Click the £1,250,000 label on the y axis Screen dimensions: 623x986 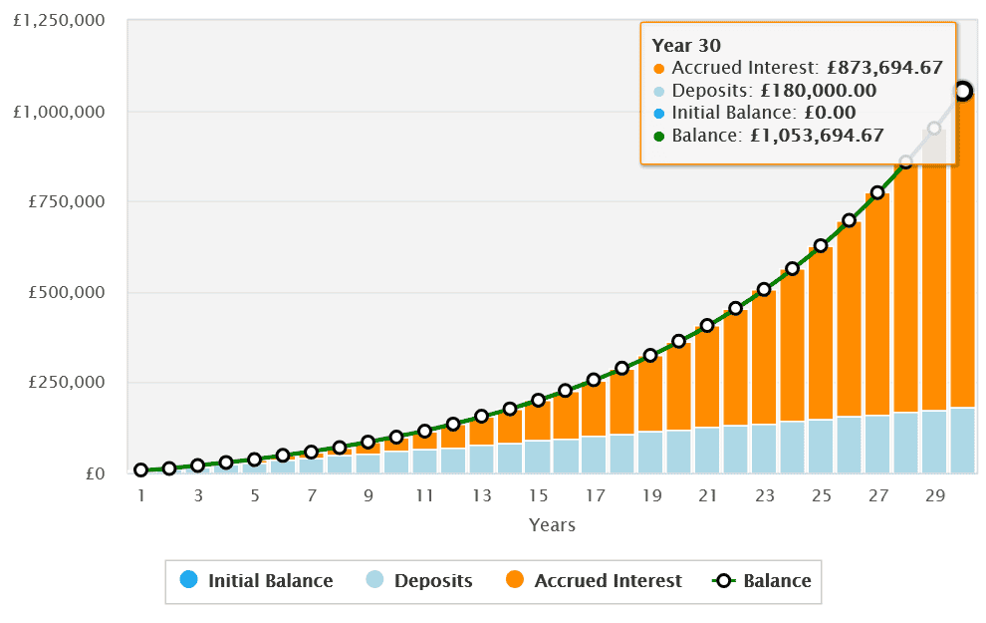pos(59,20)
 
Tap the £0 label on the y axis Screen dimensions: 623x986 pos(95,473)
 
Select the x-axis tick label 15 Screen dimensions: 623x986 pos(538,495)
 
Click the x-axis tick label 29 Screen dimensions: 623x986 pos(934,495)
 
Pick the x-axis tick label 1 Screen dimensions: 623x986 pos(141,495)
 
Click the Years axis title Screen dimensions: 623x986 pos(552,524)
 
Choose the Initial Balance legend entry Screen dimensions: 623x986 pos(256,580)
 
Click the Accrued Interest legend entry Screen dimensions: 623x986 pos(594,580)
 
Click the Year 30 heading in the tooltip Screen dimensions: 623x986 pos(686,45)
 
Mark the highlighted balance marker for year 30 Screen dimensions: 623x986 pos(962,91)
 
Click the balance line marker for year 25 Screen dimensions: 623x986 pos(821,245)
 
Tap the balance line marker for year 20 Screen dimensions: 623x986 pos(679,341)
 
